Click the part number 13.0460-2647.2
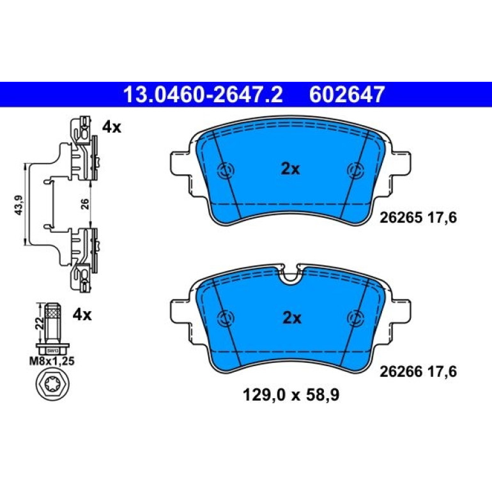(203, 95)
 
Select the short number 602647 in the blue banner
(347, 95)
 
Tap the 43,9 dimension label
(19, 205)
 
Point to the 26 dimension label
(85, 204)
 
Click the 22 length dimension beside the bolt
(40, 323)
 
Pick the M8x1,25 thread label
(52, 361)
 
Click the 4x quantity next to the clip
(112, 127)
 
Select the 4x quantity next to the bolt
(82, 314)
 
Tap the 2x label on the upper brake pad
(290, 169)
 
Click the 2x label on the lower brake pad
(292, 318)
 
